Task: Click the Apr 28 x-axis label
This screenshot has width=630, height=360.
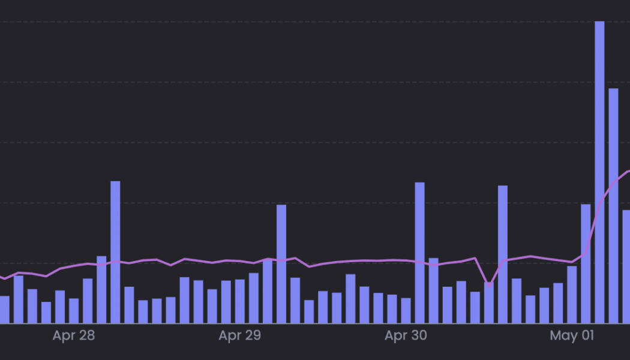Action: (74, 335)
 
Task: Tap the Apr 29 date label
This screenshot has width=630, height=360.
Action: (240, 335)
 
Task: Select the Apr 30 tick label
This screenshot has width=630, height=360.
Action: (406, 335)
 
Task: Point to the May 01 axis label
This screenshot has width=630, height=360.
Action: (572, 335)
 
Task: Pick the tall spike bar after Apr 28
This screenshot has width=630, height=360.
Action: (115, 252)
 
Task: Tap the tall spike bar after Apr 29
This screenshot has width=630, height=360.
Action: (281, 264)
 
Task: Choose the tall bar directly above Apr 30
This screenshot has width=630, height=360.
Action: (420, 253)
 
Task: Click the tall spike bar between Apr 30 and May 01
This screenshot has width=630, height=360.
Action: (503, 254)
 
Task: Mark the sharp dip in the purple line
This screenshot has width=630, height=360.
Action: (489, 284)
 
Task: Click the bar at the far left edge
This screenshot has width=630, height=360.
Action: (4, 310)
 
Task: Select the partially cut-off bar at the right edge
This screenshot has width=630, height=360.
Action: (626, 266)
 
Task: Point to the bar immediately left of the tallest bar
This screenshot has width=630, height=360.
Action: (586, 264)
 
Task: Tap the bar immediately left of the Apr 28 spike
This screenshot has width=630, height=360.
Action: (101, 290)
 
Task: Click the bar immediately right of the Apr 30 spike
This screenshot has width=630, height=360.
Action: (434, 290)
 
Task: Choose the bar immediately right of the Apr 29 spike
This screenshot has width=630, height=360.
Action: (295, 300)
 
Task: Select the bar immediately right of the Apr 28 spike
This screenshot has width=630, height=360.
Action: (129, 305)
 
